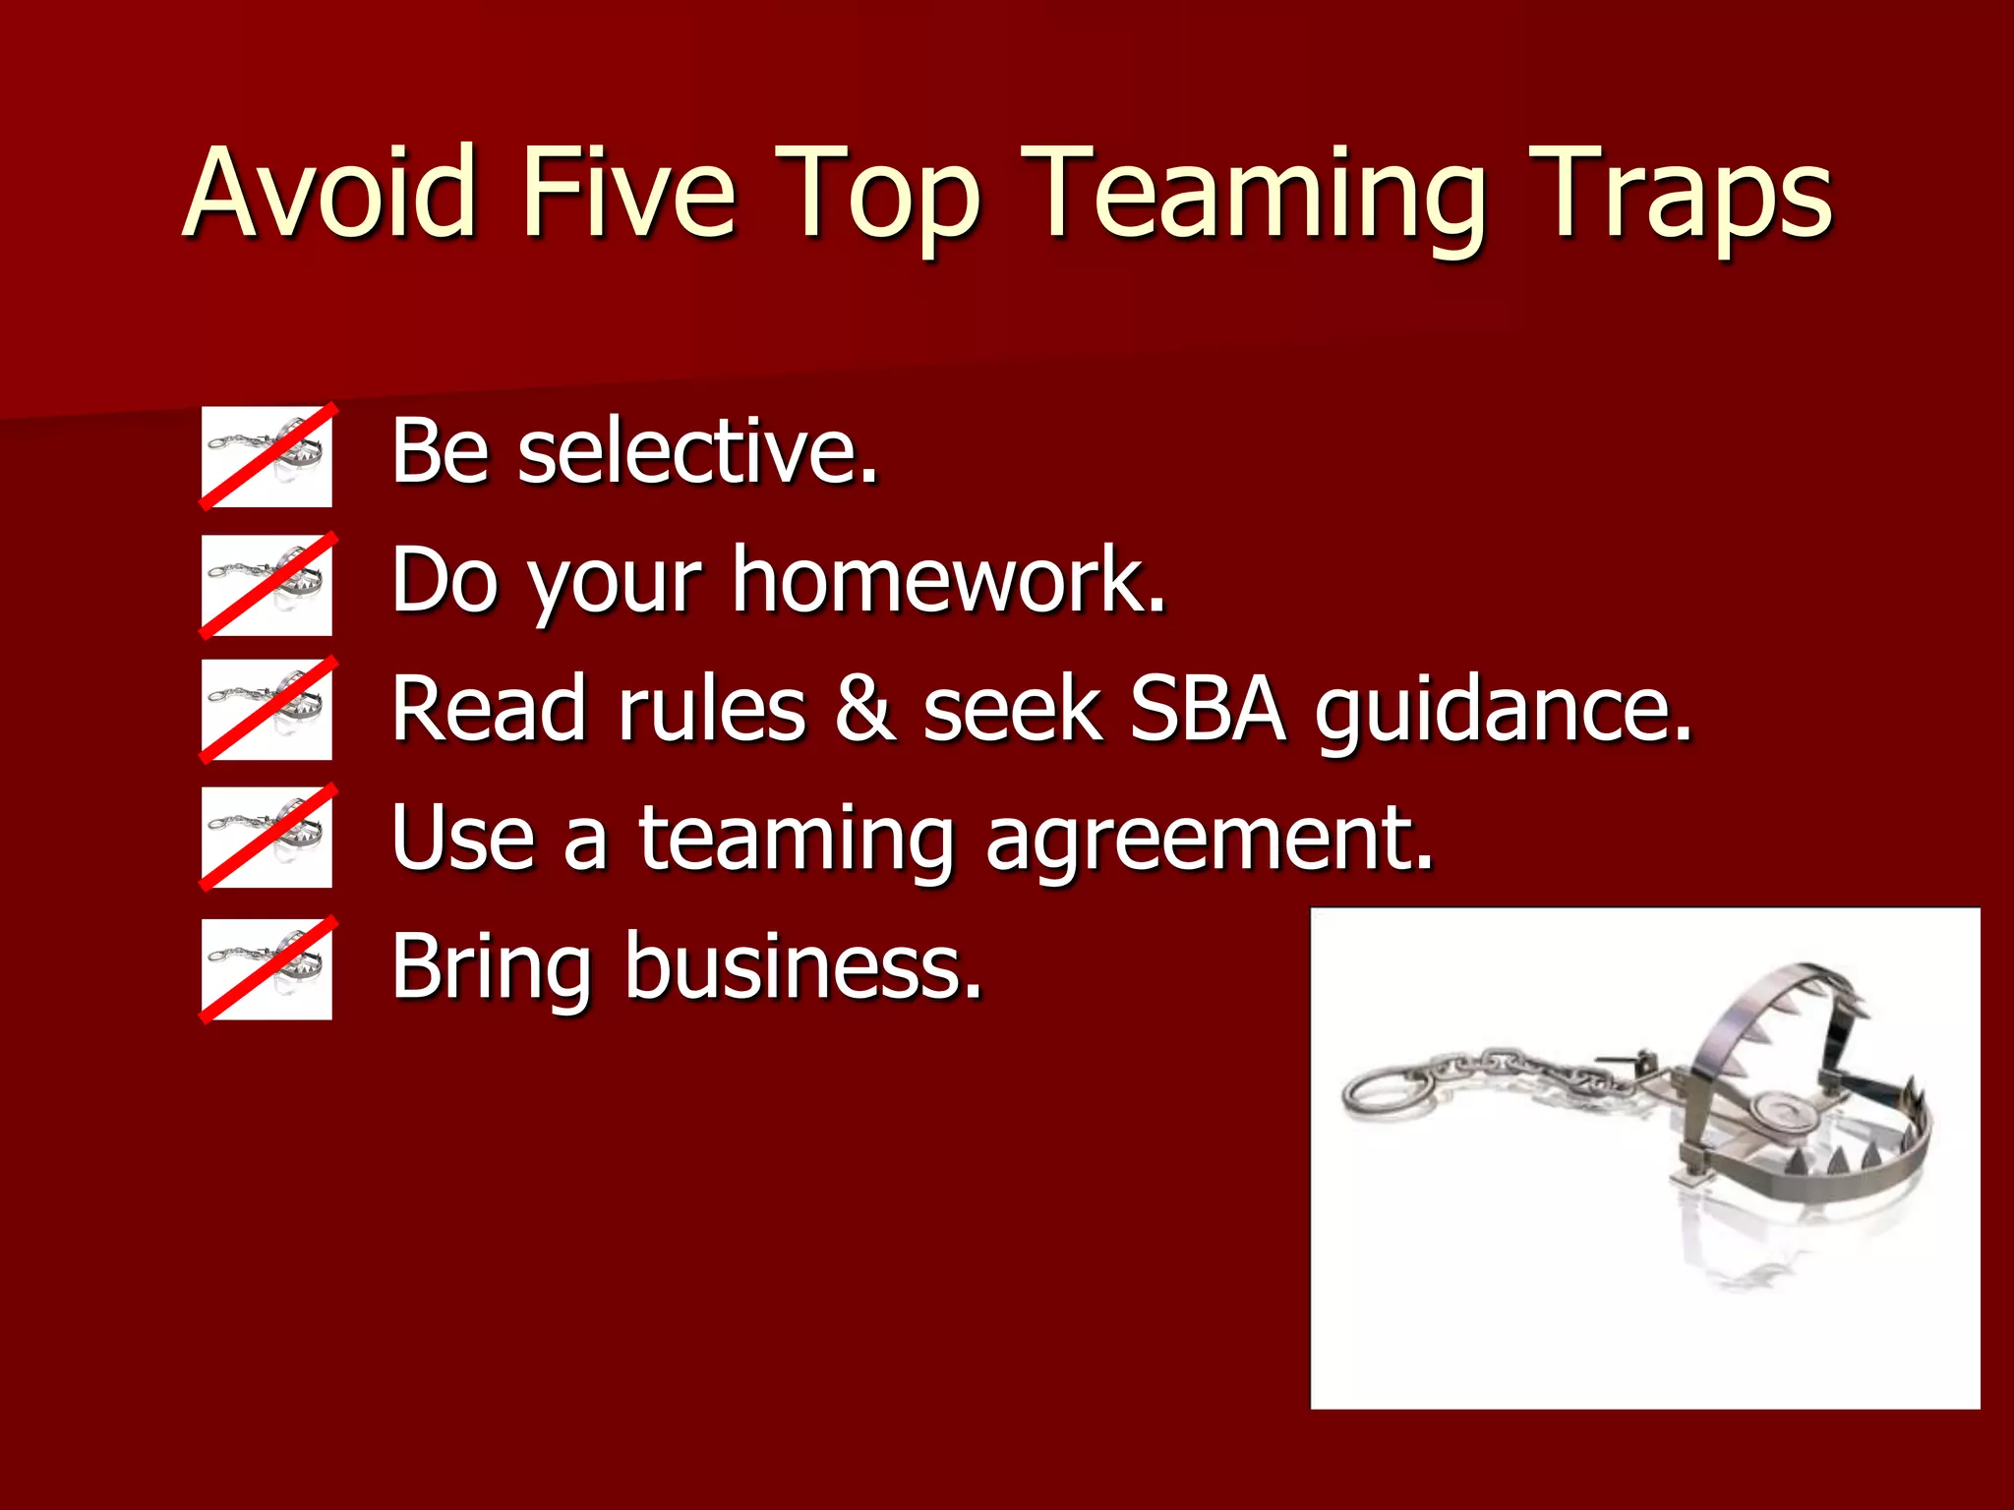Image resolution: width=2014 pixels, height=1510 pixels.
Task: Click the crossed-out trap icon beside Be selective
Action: click(267, 457)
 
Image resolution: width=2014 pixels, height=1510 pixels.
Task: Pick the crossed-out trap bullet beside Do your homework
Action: click(267, 585)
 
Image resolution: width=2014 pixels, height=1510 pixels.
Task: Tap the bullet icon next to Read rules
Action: click(267, 710)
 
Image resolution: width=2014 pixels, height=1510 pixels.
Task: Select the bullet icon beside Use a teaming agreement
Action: click(267, 838)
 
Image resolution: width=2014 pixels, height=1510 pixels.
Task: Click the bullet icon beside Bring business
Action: click(267, 969)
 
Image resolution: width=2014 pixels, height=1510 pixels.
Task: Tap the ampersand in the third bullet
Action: click(864, 709)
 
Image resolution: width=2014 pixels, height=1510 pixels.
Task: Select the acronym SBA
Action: click(1208, 709)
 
